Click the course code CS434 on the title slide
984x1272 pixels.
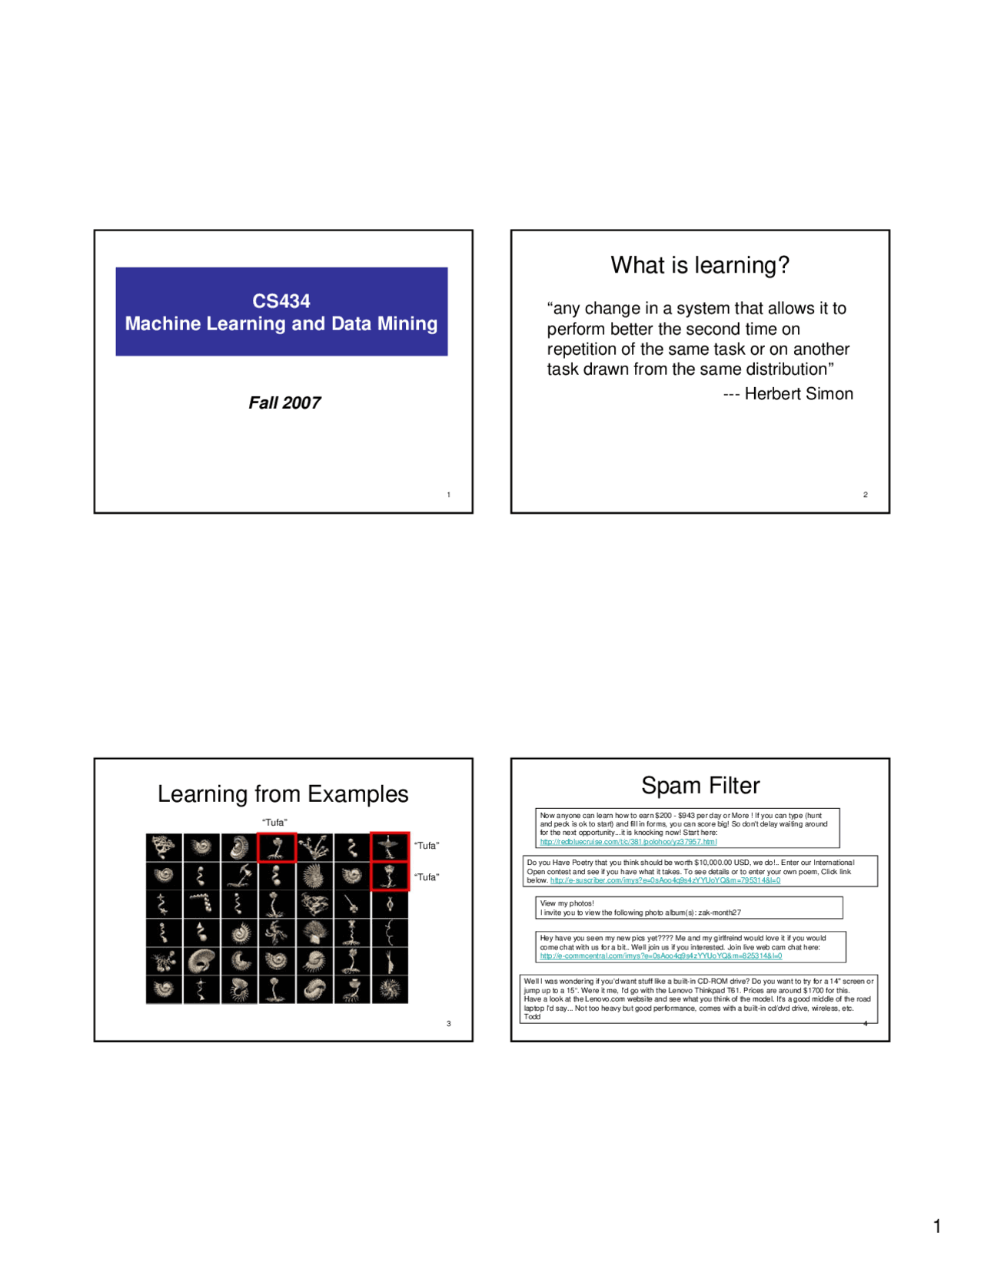(x=281, y=301)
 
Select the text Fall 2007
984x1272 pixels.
(x=284, y=402)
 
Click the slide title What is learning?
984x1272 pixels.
(x=700, y=265)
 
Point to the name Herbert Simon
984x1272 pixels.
(x=799, y=394)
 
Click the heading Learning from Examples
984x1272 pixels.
(x=283, y=793)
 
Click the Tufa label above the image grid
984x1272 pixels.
(x=274, y=823)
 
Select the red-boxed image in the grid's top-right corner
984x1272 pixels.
(x=389, y=846)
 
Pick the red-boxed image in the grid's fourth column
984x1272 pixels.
(x=277, y=848)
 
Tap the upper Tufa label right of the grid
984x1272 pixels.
(x=427, y=846)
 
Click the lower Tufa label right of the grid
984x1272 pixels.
(x=427, y=877)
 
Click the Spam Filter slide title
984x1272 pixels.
(x=700, y=785)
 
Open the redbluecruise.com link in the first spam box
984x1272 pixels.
(x=628, y=842)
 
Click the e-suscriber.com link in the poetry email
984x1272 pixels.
(x=665, y=881)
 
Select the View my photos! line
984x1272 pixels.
(x=567, y=903)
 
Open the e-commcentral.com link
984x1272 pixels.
(x=661, y=956)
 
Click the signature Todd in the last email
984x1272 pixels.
(x=532, y=1017)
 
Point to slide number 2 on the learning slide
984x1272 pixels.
(x=865, y=495)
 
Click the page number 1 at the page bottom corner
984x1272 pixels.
(x=936, y=1226)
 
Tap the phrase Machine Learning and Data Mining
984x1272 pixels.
(x=281, y=324)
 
